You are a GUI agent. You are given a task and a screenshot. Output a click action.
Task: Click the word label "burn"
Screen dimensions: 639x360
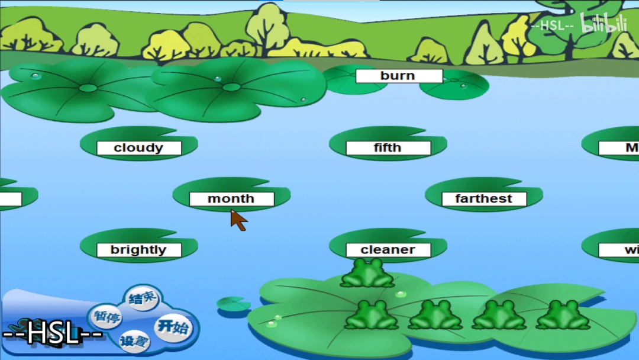click(399, 76)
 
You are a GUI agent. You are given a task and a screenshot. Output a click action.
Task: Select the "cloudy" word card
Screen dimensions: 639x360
click(138, 148)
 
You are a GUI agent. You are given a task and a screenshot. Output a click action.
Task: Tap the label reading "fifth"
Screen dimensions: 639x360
click(388, 148)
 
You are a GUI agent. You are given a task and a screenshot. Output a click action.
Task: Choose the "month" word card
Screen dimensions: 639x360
click(231, 199)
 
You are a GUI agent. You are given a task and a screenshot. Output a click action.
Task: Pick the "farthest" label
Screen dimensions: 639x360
click(483, 199)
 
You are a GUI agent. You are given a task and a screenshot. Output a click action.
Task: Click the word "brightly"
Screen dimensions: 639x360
click(138, 250)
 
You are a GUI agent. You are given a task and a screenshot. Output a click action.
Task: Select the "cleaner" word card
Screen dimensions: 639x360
click(388, 250)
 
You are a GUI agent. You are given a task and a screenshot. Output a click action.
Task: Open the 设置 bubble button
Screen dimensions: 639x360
click(134, 341)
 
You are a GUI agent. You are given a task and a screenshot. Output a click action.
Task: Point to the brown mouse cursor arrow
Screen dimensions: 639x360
click(238, 220)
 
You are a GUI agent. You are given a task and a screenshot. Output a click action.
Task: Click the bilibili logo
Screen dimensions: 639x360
click(603, 24)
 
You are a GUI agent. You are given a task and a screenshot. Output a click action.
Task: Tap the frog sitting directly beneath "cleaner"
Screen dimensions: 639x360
click(367, 274)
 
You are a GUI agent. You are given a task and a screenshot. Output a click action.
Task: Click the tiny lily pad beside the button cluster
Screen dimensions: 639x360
click(233, 304)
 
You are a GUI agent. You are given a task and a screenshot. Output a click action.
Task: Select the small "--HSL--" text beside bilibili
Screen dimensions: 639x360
click(552, 26)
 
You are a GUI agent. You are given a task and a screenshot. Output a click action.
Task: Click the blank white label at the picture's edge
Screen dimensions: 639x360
click(10, 199)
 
